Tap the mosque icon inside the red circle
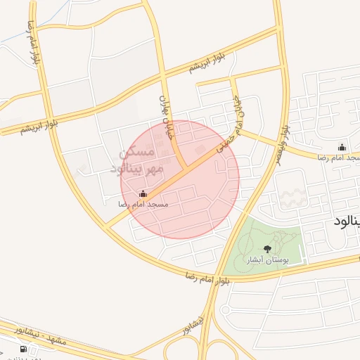[143, 193]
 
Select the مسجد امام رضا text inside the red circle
[143, 204]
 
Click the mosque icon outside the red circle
[342, 147]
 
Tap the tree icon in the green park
[266, 249]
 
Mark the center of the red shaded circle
[180, 179]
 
